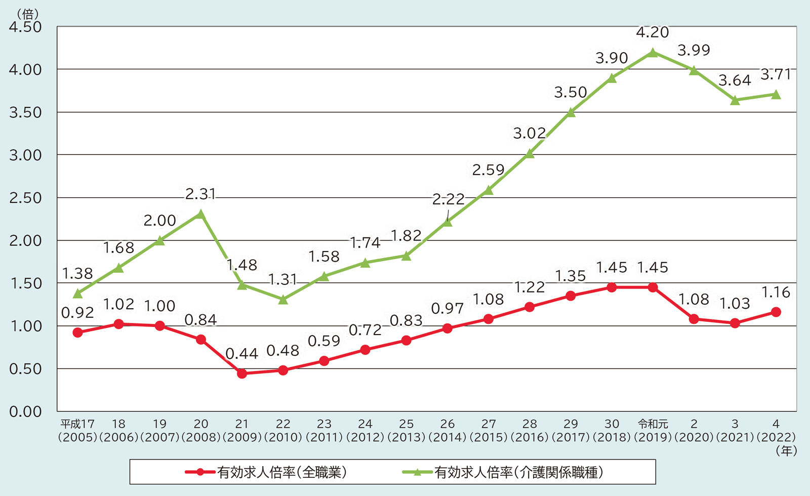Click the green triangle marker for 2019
[x=653, y=52]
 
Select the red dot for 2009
[x=242, y=374]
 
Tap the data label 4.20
[x=653, y=33]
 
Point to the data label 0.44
[x=242, y=354]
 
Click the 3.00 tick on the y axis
[x=25, y=155]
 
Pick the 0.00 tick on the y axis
[x=25, y=411]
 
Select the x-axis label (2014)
[x=448, y=437]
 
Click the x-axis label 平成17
[x=77, y=424]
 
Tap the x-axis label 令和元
[x=653, y=424]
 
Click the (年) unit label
[x=786, y=450]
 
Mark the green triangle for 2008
[x=201, y=214]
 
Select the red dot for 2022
[x=776, y=312]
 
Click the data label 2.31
[x=201, y=194]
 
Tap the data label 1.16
[x=776, y=293]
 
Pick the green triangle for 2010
[x=283, y=300]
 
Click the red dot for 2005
[x=77, y=333]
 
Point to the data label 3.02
[x=530, y=134]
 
